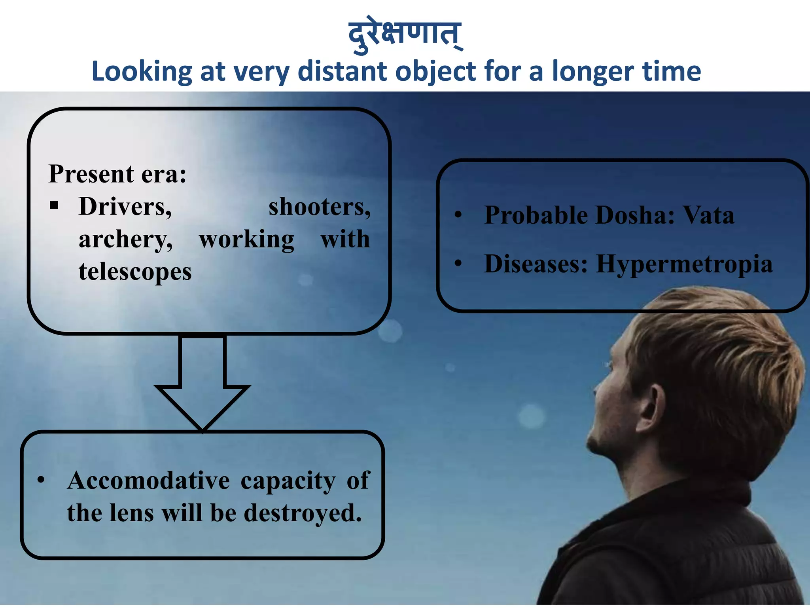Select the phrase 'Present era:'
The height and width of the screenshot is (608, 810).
pos(117,174)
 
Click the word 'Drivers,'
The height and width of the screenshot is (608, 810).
pos(125,207)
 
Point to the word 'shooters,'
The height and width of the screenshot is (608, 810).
pos(320,207)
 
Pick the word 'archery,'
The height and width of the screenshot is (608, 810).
pos(125,240)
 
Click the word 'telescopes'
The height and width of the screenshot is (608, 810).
pos(135,272)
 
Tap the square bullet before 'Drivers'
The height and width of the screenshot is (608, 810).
pos(54,205)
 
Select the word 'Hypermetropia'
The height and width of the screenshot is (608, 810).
pos(684,264)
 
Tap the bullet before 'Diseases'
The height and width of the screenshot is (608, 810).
pos(458,263)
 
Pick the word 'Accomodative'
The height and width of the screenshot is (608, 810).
pos(148,481)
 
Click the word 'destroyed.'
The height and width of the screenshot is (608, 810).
pos(303,513)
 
